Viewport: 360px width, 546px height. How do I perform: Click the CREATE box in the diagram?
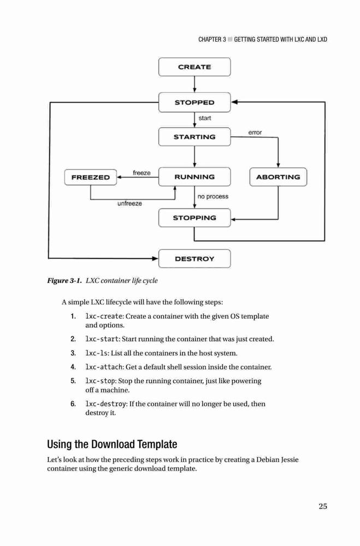194,67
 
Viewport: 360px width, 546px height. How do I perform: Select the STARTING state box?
194,137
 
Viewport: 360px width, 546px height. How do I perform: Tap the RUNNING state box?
194,177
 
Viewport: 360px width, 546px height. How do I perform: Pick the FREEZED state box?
91,177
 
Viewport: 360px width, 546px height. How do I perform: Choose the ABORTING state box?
278,177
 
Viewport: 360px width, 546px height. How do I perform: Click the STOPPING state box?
194,218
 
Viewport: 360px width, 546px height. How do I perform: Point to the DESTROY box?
194,259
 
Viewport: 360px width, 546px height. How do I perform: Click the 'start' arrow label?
204,118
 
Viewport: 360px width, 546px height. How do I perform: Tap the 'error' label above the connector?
255,132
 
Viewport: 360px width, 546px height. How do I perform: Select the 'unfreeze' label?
129,203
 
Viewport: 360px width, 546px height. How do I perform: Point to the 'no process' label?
213,197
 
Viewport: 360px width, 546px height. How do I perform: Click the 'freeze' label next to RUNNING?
141,173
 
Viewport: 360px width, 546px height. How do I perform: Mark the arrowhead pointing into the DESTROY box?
156,258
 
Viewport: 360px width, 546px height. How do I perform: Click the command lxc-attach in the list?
104,367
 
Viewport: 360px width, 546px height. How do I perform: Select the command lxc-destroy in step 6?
105,404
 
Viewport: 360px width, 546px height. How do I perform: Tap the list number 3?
73,353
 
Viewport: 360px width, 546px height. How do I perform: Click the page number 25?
323,506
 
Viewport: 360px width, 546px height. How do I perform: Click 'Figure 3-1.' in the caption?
64,281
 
